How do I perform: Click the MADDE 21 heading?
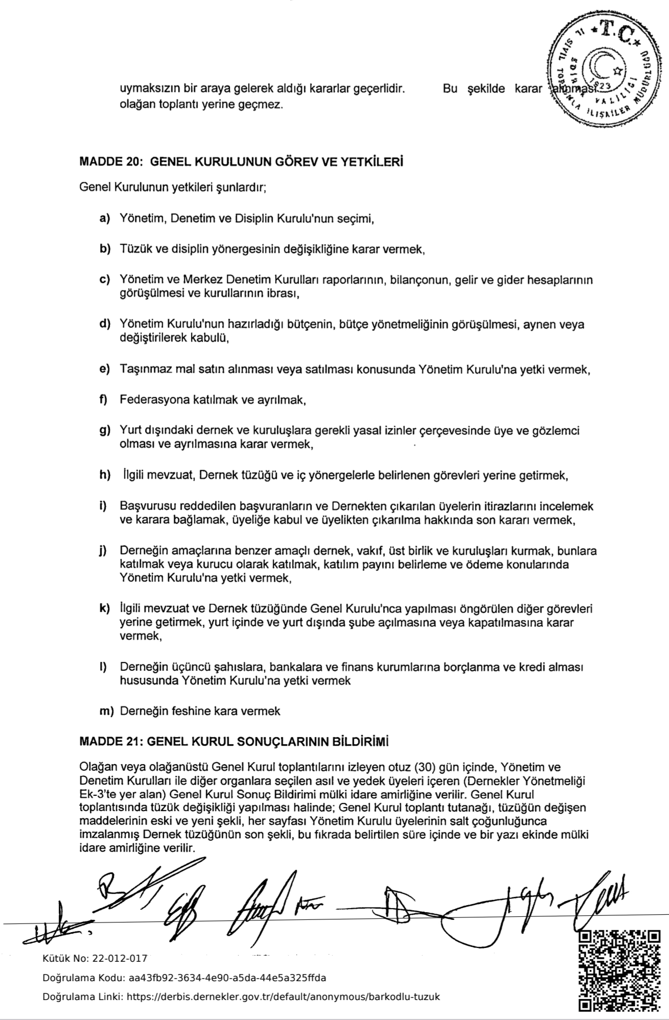pyautogui.click(x=234, y=742)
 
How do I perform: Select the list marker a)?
pyautogui.click(x=105, y=219)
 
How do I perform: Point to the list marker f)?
pyautogui.click(x=104, y=400)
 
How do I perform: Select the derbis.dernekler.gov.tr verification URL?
pyautogui.click(x=283, y=997)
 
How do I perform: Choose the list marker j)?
pyautogui.click(x=104, y=551)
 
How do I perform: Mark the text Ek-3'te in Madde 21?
pyautogui.click(x=97, y=795)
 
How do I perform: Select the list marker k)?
pyautogui.click(x=105, y=609)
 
